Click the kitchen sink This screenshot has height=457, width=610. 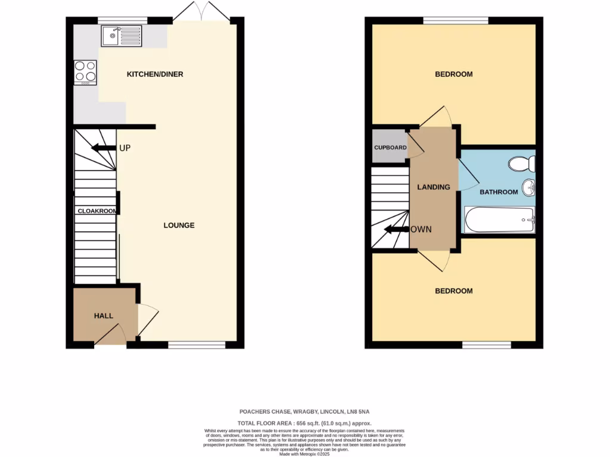coord(122,36)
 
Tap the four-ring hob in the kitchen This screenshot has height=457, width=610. coord(85,71)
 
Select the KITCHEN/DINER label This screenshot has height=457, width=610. coord(155,74)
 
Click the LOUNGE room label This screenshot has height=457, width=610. coord(179,226)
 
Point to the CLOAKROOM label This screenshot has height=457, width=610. coord(96,211)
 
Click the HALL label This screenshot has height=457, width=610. coord(103,316)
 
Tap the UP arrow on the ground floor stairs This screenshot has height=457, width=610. coord(103,148)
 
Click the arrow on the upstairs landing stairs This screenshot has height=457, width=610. coord(396,229)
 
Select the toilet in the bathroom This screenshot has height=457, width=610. coord(521,164)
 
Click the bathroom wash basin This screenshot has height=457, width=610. coord(528,189)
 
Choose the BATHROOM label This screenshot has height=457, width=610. coord(499,192)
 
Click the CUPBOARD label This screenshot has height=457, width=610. coord(390,148)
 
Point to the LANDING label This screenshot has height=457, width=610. coord(433,187)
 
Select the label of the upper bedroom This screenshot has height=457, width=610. coord(453,74)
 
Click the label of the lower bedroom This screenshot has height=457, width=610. coord(453,291)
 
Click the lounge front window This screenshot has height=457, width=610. coord(197,345)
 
